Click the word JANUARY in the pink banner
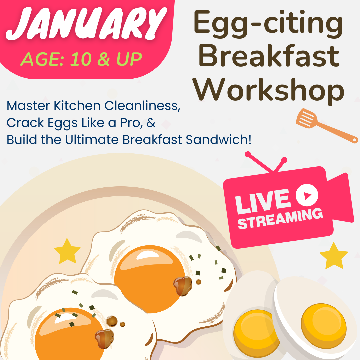click(x=86, y=23)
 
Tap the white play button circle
click(x=307, y=195)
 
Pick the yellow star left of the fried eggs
click(x=67, y=251)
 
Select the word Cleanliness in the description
click(x=142, y=106)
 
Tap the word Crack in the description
click(x=25, y=123)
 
